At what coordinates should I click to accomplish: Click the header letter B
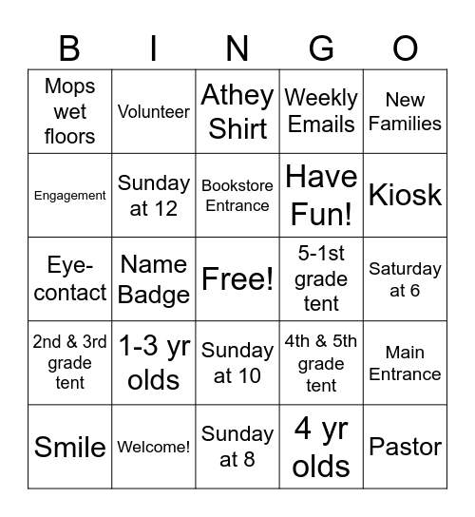pos(69,48)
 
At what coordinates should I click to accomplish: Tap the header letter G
pos(321,48)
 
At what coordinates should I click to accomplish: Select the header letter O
pos(406,48)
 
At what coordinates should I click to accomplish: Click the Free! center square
pos(237,278)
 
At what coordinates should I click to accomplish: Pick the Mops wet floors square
pos(70,111)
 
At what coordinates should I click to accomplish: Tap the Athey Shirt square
pos(237,111)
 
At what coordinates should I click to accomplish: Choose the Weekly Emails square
pos(321,111)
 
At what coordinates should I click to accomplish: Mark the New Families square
pos(406,111)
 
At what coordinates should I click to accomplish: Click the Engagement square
pos(70,195)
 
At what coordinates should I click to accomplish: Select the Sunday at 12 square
pos(154,195)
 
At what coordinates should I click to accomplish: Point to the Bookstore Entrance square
pos(237,195)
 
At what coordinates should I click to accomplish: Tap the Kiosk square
pos(406,195)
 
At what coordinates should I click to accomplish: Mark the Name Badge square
pos(154,278)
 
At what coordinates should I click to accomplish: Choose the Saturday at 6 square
pos(406,278)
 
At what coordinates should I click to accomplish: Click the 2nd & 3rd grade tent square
pos(70,362)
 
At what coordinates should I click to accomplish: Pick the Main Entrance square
pos(406,362)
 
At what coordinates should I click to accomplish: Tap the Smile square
pos(70,447)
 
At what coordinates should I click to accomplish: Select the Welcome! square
pos(154,447)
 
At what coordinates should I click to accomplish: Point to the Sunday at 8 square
pos(237,447)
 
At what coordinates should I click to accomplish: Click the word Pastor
pos(406,447)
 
